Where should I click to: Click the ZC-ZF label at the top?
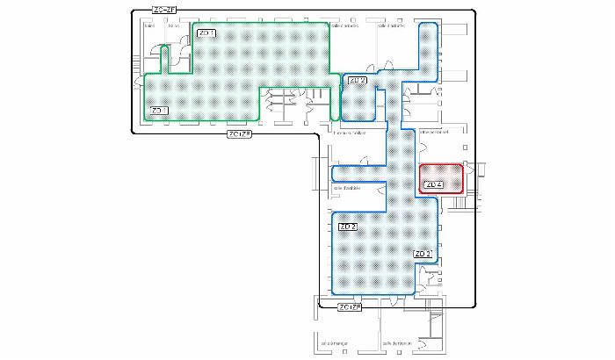[163, 10]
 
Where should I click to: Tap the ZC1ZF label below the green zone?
[239, 134]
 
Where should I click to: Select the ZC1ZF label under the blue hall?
[350, 306]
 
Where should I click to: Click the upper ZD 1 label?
[207, 33]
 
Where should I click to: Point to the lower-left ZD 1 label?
[159, 111]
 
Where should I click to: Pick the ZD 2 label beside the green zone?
[357, 81]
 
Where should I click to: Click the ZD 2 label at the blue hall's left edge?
[347, 227]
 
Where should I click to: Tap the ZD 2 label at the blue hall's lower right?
[423, 254]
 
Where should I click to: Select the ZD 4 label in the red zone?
[431, 185]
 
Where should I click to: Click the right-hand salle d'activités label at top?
[392, 25]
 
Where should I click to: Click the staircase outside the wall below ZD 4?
[457, 204]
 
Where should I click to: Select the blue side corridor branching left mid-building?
[358, 172]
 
